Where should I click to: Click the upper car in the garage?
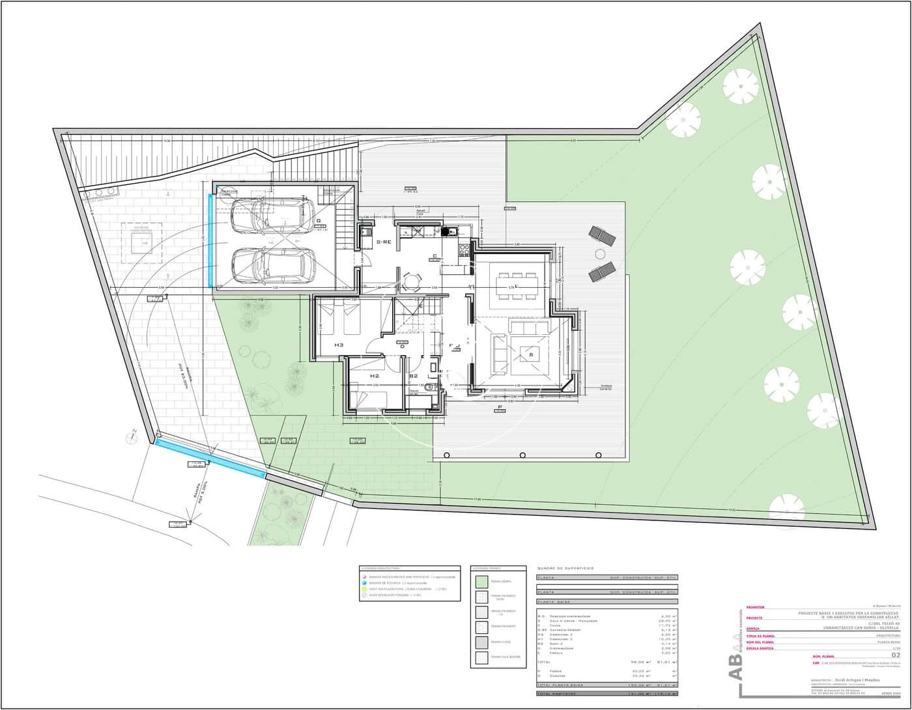tap(272, 216)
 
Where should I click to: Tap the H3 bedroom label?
tap(339, 345)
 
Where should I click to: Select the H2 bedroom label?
tap(374, 376)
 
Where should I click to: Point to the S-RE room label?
tap(384, 242)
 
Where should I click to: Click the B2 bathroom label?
tap(413, 376)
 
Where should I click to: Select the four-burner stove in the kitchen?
tap(464, 249)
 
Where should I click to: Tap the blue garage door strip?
tap(210, 240)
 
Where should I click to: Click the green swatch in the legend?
tap(481, 582)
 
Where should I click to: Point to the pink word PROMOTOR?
tap(755, 607)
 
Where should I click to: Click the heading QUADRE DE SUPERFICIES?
tap(565, 569)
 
